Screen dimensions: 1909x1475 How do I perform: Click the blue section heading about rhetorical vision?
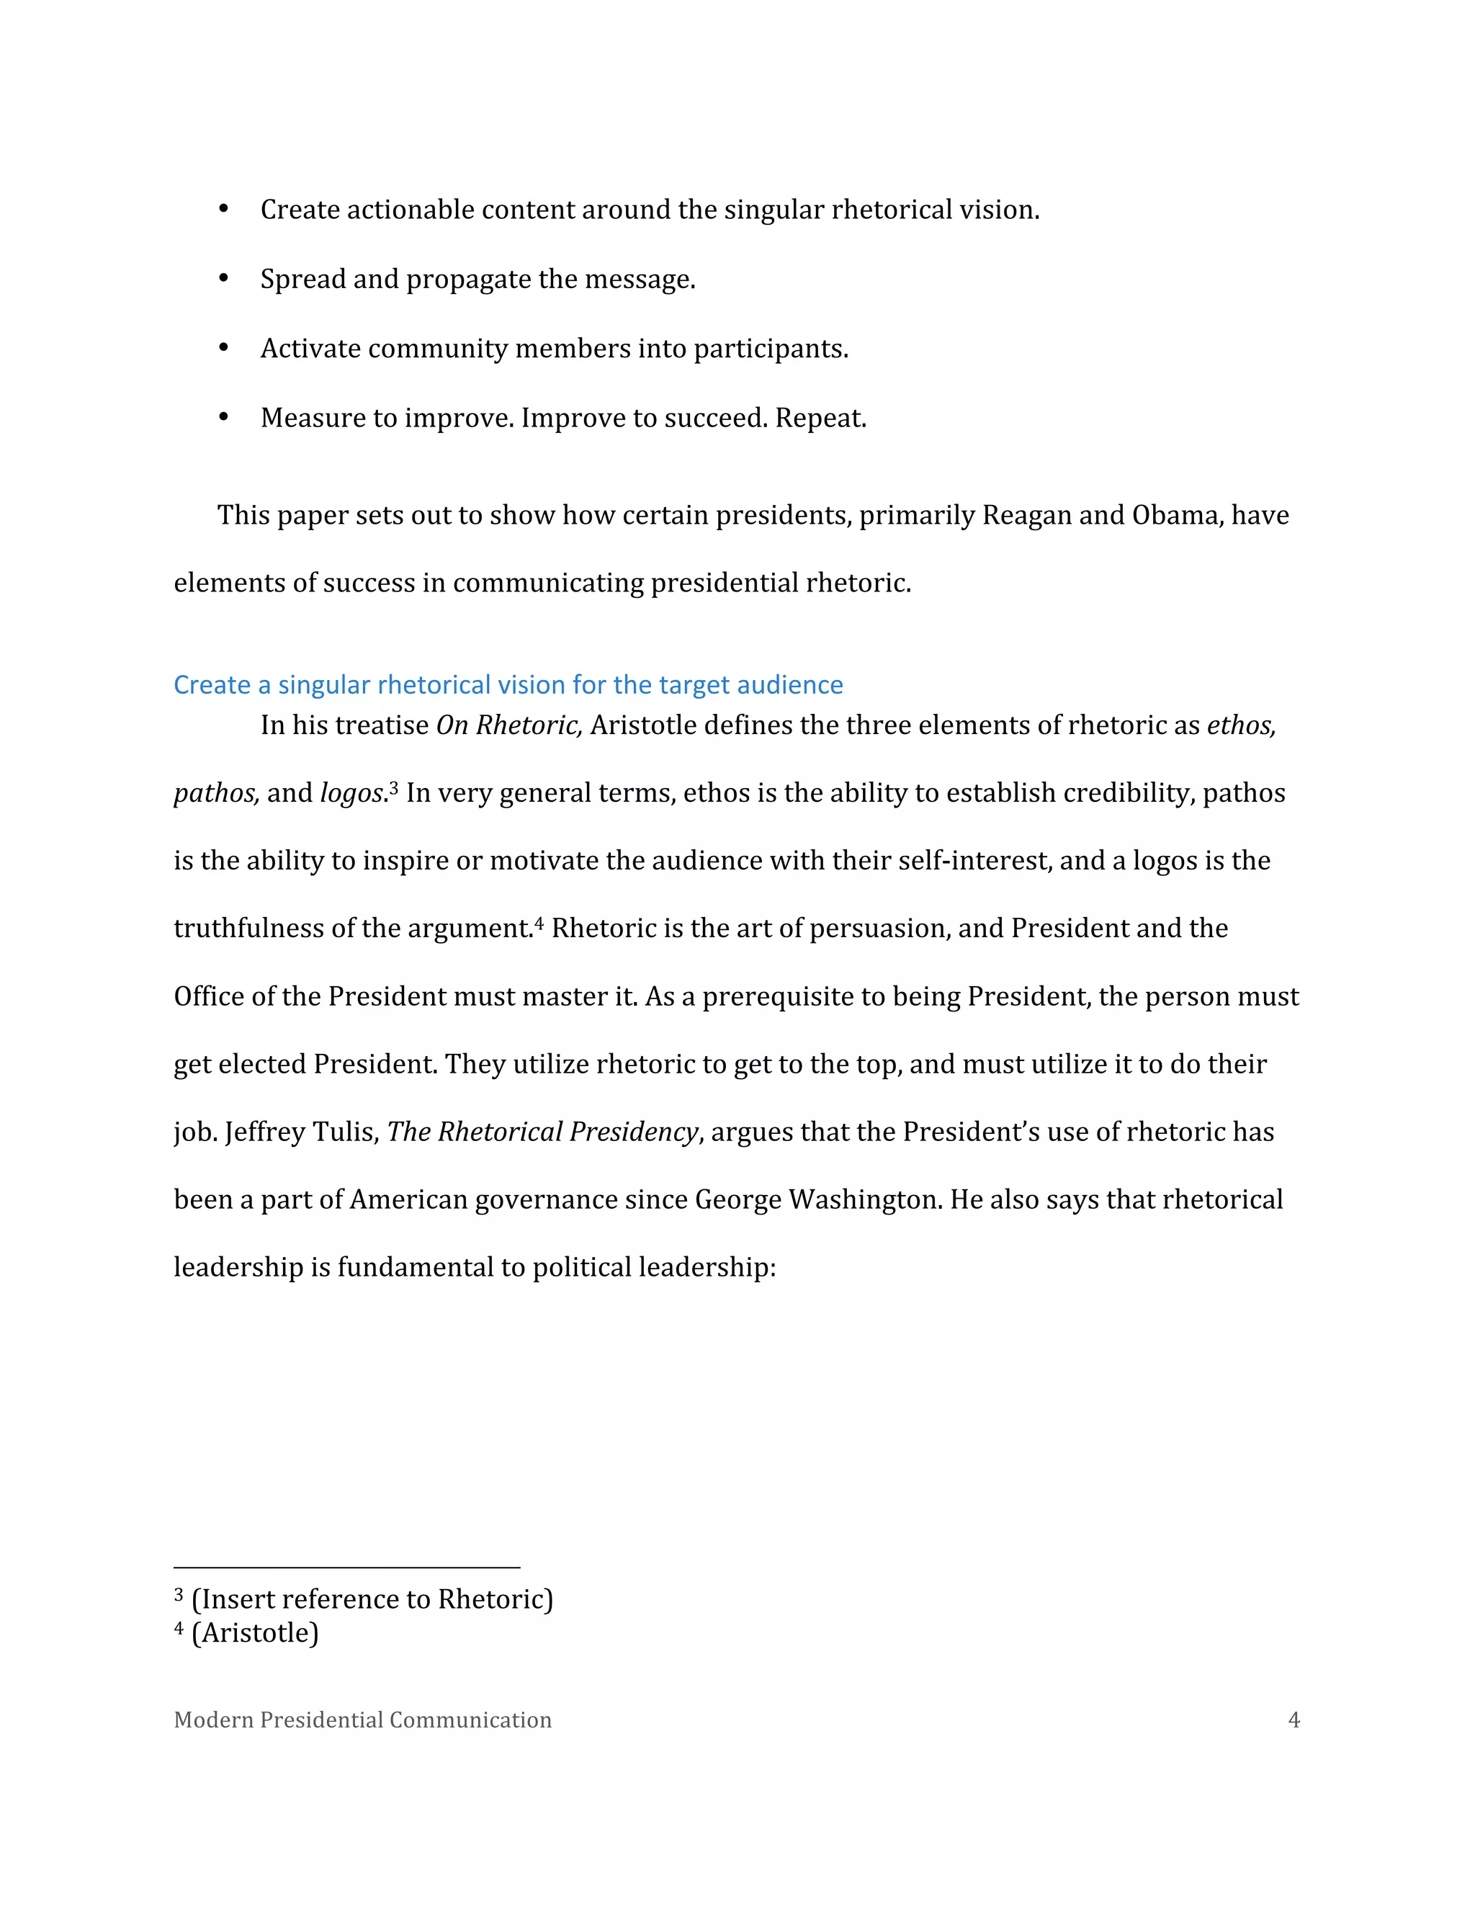click(508, 684)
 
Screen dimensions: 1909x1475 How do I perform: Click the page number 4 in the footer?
click(1294, 1720)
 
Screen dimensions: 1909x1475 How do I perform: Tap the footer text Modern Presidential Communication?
click(363, 1720)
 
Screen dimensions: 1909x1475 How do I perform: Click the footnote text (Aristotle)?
click(254, 1633)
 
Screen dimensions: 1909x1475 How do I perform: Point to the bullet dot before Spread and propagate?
click(224, 279)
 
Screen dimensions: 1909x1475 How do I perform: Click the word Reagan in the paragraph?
click(1027, 515)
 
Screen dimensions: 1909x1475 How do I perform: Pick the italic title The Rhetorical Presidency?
click(542, 1132)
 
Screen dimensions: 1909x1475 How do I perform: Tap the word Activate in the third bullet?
click(310, 348)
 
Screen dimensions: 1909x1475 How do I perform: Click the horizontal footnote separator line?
click(347, 1568)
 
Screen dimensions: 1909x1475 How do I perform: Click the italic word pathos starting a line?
click(216, 794)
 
